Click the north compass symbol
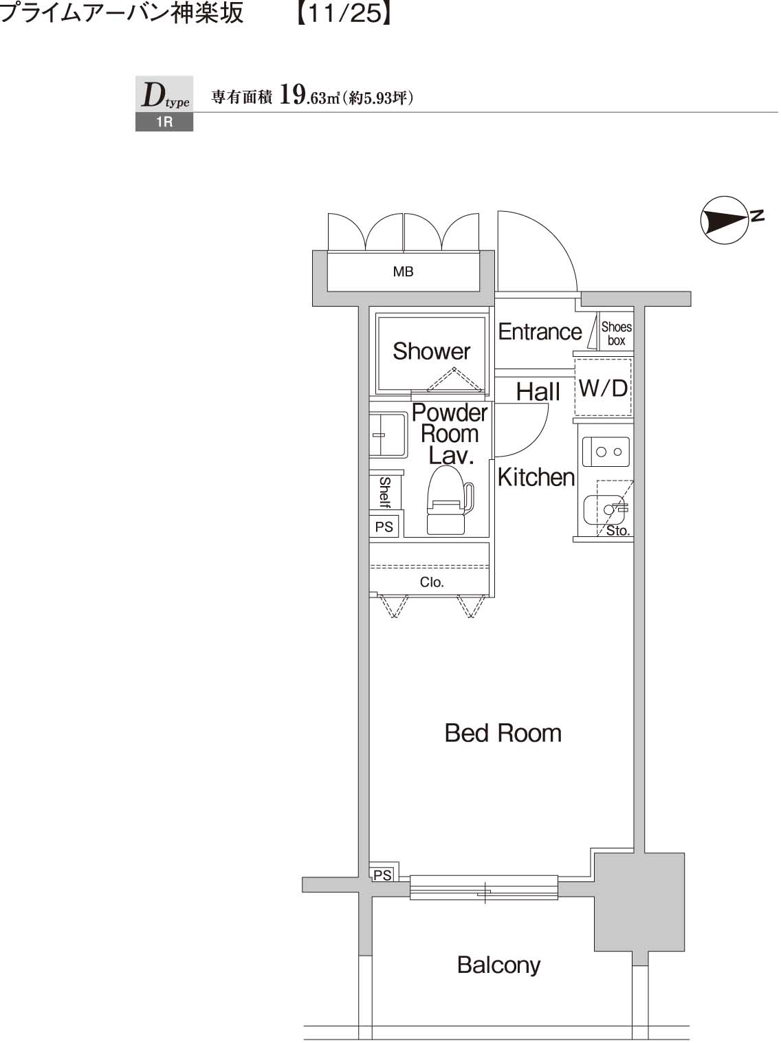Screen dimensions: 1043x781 pyautogui.click(x=725, y=220)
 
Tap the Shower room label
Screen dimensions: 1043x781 pyautogui.click(x=431, y=351)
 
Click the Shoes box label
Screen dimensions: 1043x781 pyautogui.click(x=616, y=333)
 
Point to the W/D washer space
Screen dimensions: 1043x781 pyautogui.click(x=603, y=388)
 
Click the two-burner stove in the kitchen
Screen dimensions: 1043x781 pyautogui.click(x=606, y=452)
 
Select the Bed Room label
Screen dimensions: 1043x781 pyautogui.click(x=503, y=733)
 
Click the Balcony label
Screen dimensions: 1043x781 pyautogui.click(x=498, y=965)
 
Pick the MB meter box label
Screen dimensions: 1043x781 pyautogui.click(x=403, y=272)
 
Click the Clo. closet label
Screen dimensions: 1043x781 pyautogui.click(x=432, y=582)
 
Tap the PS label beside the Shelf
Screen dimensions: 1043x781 pyautogui.click(x=384, y=527)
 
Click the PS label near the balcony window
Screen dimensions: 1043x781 pyautogui.click(x=382, y=875)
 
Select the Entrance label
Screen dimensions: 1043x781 pyautogui.click(x=540, y=331)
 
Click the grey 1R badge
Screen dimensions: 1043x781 pyautogui.click(x=164, y=122)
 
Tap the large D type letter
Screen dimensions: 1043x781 pyautogui.click(x=153, y=95)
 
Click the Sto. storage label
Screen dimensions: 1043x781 pyautogui.click(x=617, y=531)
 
